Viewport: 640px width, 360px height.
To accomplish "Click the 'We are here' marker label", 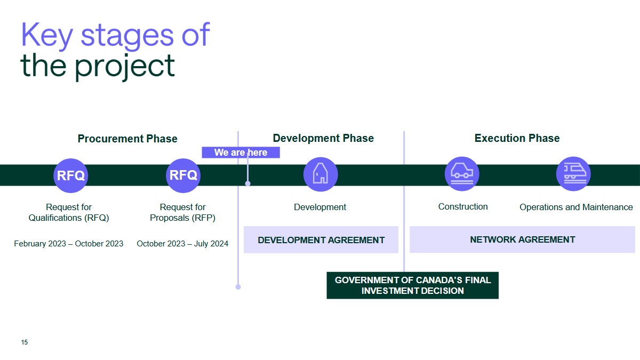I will [x=241, y=153].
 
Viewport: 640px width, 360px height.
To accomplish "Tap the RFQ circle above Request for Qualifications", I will [x=70, y=175].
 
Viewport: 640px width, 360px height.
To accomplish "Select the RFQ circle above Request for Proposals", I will [x=183, y=175].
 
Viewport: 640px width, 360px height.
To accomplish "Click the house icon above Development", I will [x=320, y=174].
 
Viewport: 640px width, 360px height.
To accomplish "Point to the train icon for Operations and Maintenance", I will [x=573, y=173].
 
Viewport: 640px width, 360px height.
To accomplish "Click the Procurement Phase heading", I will [x=127, y=139].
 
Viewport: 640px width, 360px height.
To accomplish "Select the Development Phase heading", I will [x=323, y=138].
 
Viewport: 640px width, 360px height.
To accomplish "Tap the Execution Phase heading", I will [x=517, y=138].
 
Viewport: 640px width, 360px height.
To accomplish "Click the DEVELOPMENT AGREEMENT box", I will [x=321, y=240].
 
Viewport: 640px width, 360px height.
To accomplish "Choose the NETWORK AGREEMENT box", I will [x=522, y=239].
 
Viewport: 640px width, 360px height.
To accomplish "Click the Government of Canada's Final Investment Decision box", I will [x=412, y=285].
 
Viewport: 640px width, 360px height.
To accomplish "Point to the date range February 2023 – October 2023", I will [x=68, y=244].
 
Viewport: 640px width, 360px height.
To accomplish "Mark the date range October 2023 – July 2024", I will [x=182, y=244].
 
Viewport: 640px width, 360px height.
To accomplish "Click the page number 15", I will [x=25, y=342].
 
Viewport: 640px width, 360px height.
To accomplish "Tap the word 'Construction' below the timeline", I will [x=463, y=206].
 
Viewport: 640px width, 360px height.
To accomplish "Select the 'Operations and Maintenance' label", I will [x=576, y=207].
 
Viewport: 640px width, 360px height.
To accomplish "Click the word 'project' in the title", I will [x=124, y=66].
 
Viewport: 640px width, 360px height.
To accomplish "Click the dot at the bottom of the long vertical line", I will [x=238, y=287].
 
